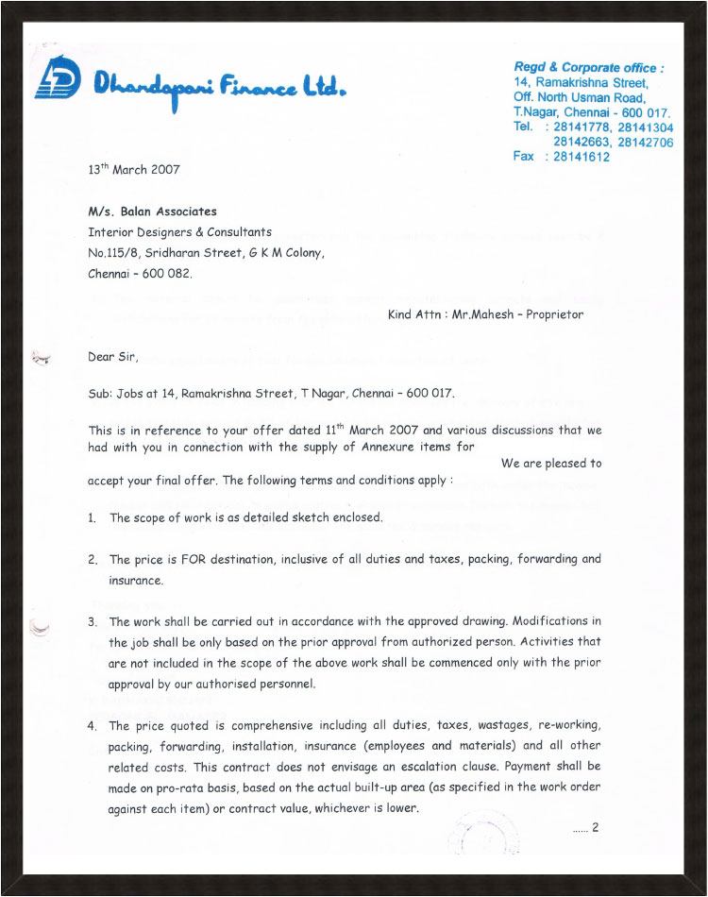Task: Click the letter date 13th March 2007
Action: click(133, 170)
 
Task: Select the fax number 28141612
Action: click(578, 156)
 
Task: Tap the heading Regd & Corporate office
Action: click(588, 68)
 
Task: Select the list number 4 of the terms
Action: click(92, 725)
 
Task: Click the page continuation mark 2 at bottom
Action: click(596, 828)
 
